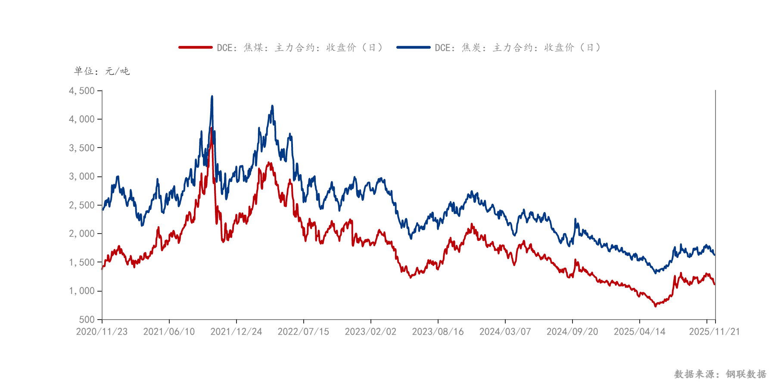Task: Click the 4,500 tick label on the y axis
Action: (82, 91)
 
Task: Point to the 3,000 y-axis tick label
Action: (82, 176)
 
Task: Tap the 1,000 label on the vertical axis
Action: (82, 291)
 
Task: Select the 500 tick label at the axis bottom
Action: (87, 320)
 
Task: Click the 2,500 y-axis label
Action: (82, 205)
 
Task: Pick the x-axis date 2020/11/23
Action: (102, 332)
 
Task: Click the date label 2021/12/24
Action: (236, 332)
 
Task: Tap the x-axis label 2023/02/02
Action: (370, 332)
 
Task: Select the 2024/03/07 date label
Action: (505, 332)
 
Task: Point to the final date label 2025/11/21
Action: (714, 332)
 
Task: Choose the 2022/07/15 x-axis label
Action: (303, 332)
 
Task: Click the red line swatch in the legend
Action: (196, 47)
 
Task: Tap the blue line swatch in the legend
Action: (414, 47)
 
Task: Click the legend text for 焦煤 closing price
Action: (300, 47)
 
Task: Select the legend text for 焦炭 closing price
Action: (518, 47)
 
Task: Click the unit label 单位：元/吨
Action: (102, 71)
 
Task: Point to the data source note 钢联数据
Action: (720, 374)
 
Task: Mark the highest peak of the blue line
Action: (212, 96)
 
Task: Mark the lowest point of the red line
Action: (656, 306)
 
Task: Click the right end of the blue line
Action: (715, 255)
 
